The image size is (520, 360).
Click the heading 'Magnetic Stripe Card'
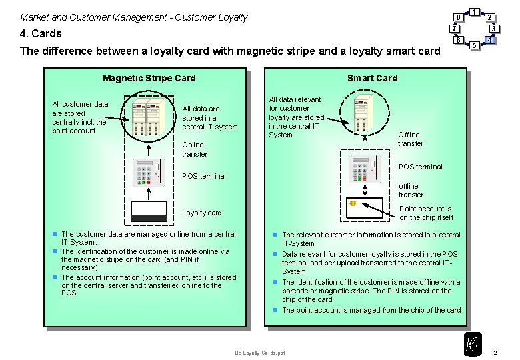pyautogui.click(x=149, y=78)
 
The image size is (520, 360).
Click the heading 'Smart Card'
pyautogui.click(x=372, y=78)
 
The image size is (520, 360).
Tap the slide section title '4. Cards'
pyautogui.click(x=41, y=33)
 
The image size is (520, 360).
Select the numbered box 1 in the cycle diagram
pyautogui.click(x=473, y=11)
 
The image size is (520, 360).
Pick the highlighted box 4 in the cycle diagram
pyautogui.click(x=490, y=40)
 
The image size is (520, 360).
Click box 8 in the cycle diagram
pyautogui.click(x=458, y=17)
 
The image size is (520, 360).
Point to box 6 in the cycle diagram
pyautogui.click(x=458, y=40)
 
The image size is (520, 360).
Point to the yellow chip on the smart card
pyautogui.click(x=353, y=203)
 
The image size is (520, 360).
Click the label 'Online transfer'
pyautogui.click(x=195, y=149)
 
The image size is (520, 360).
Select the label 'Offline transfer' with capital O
pyautogui.click(x=410, y=139)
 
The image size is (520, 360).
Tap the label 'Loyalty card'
pyautogui.click(x=202, y=213)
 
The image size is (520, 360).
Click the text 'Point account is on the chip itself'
pyautogui.click(x=426, y=213)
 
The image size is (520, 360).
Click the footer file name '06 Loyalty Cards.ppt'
pyautogui.click(x=260, y=353)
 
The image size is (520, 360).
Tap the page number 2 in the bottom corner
pyautogui.click(x=495, y=352)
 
